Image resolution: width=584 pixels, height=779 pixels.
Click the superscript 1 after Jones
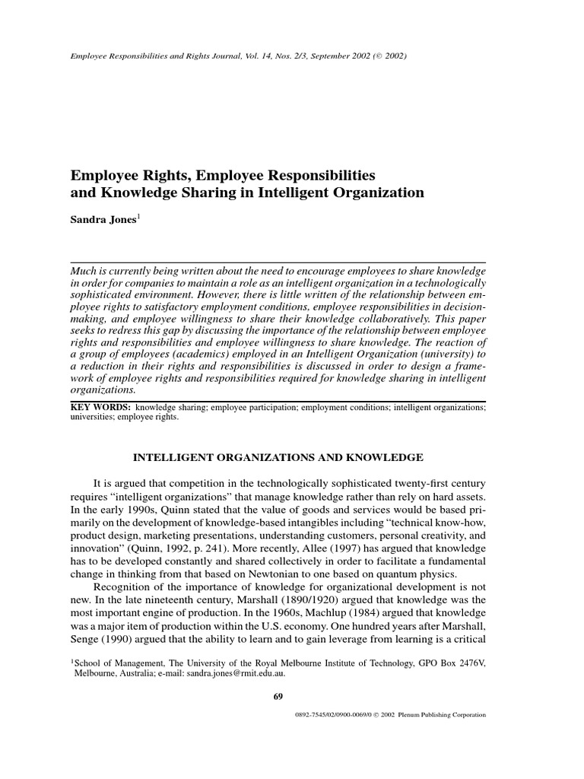pyautogui.click(x=138, y=218)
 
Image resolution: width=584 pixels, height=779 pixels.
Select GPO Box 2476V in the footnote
pyautogui.click(x=440, y=663)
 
